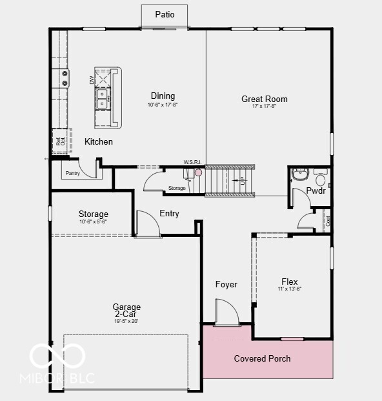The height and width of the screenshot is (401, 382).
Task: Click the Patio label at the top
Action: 165,14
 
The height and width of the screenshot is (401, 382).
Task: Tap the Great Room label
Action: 265,99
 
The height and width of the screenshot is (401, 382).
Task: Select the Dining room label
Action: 163,96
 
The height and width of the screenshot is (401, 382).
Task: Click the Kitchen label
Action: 99,141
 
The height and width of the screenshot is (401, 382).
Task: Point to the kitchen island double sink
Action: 103,98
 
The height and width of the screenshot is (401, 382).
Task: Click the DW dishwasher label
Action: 91,79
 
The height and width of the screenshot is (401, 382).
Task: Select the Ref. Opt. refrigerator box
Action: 59,141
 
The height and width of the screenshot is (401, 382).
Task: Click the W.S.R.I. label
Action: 193,162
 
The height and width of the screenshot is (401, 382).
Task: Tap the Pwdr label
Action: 316,191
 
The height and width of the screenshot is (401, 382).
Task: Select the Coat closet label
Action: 328,220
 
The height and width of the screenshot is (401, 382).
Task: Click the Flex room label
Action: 290,282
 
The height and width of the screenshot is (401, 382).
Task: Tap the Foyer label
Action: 226,284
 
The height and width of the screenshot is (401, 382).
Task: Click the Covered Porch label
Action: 262,358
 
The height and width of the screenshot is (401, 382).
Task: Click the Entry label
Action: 169,214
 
